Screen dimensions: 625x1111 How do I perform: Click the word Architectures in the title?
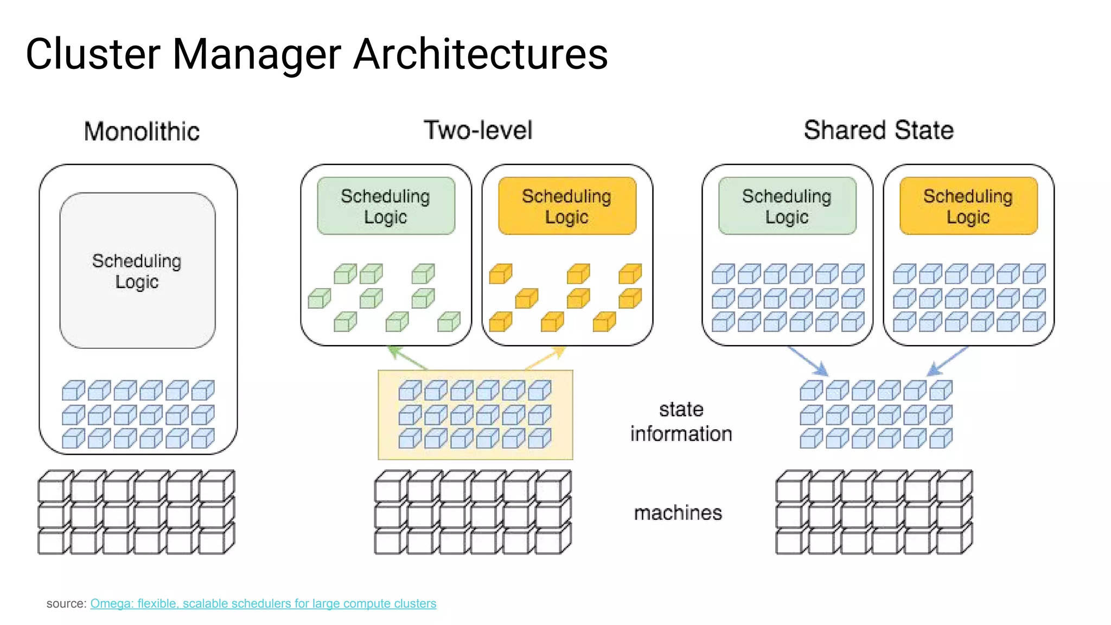[x=480, y=54]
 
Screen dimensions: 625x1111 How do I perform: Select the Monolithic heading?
[x=142, y=132]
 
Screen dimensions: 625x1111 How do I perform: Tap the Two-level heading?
[x=477, y=131]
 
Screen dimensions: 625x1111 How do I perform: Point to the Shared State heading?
[x=878, y=131]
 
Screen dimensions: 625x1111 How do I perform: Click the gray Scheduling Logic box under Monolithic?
[x=137, y=271]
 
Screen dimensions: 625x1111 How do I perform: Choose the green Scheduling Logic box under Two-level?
[x=386, y=206]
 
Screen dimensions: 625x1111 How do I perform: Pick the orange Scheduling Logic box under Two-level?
[x=567, y=206]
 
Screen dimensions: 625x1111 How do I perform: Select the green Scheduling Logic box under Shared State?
[x=787, y=206]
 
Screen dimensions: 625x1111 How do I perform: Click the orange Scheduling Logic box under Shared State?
[x=968, y=206]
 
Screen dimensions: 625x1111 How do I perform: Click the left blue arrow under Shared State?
[x=808, y=361]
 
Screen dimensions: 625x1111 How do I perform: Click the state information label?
[x=681, y=422]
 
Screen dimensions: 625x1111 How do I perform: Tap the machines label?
[x=678, y=513]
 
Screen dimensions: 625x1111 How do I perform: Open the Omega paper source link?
[x=263, y=603]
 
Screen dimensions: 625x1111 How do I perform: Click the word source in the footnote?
[x=65, y=603]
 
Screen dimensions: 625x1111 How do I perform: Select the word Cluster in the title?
[x=93, y=54]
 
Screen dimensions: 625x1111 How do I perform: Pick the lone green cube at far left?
[x=319, y=299]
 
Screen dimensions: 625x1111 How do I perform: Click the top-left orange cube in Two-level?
[x=500, y=274]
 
